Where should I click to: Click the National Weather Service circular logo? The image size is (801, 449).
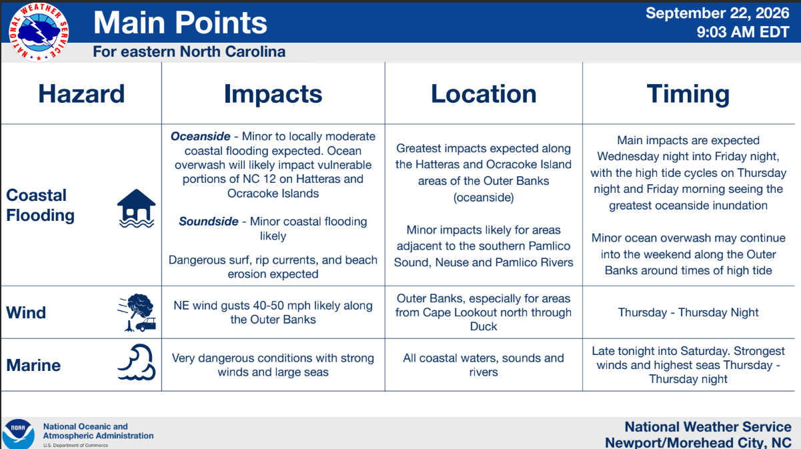39,32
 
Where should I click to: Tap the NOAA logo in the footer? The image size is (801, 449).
18,434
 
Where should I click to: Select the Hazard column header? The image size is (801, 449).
81,93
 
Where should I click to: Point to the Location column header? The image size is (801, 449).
484,93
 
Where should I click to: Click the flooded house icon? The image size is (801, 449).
136,209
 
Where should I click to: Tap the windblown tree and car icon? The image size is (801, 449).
137,312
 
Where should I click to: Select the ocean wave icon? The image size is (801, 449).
137,362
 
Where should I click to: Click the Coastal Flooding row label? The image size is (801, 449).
41,205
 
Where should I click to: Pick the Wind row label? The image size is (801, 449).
26,313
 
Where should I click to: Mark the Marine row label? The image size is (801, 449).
33,366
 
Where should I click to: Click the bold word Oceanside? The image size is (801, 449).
200,136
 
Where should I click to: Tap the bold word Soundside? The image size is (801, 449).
209,221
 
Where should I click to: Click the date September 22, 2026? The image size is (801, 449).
718,13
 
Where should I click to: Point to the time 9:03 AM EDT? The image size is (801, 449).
743,32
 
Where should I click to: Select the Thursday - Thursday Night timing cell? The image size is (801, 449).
688,312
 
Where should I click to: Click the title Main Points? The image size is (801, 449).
180,23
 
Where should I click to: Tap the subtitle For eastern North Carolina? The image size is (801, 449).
189,51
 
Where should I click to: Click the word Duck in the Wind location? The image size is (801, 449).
484,326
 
